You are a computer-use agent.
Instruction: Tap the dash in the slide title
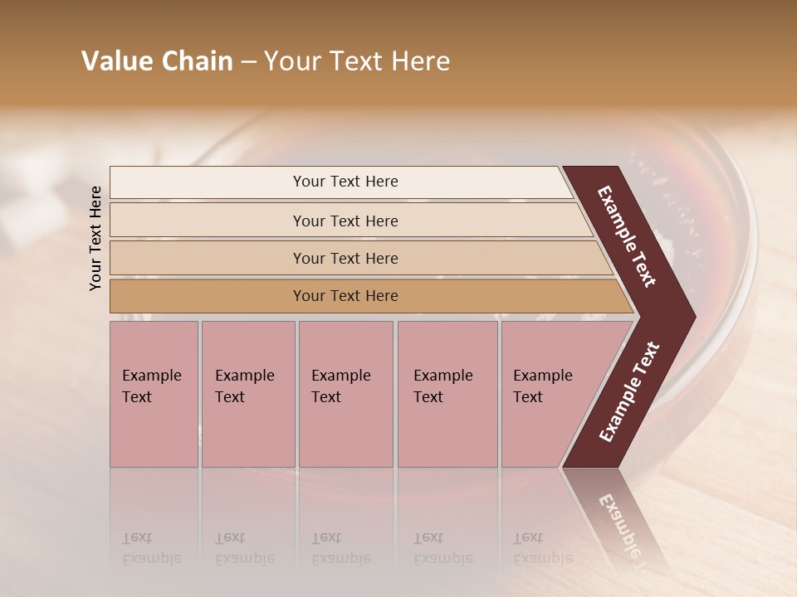(248, 62)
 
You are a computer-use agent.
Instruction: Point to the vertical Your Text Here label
(95, 238)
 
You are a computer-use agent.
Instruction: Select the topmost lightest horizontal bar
(345, 182)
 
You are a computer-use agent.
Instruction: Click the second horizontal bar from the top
(345, 221)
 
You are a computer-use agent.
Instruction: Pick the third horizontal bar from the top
(345, 258)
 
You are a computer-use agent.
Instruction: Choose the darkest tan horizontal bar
(345, 296)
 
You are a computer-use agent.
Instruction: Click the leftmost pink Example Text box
(154, 394)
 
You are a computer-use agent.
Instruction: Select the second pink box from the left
(247, 394)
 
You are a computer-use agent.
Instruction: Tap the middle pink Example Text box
(345, 394)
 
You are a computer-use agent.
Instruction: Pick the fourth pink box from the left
(447, 394)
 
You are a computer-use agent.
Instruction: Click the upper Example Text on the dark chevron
(627, 236)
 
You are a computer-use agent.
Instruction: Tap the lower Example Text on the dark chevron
(629, 392)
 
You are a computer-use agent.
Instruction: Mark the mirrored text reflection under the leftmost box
(152, 548)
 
